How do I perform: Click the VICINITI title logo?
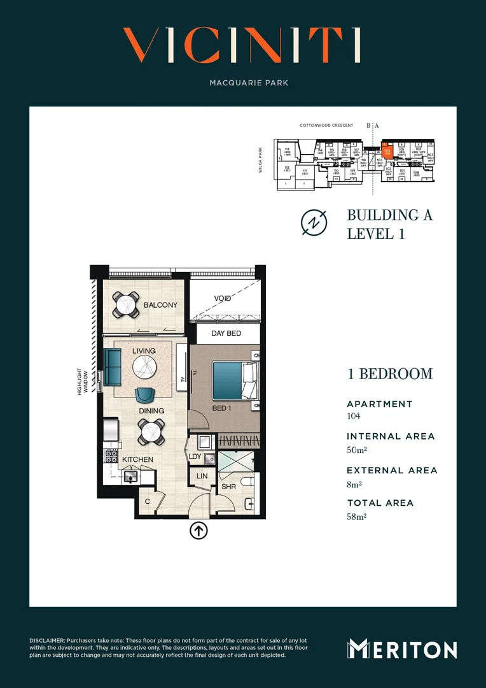tap(242, 46)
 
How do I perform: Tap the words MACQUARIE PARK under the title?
tap(243, 83)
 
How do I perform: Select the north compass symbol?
tap(314, 222)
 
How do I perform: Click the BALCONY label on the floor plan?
tap(160, 305)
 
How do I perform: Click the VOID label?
tap(223, 298)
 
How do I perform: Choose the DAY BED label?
tap(226, 333)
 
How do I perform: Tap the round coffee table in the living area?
tap(146, 366)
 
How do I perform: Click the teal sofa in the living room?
tap(113, 366)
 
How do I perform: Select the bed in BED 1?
tap(232, 380)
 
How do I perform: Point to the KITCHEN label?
tap(137, 459)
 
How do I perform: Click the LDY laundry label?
tap(195, 456)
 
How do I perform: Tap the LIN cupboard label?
tap(202, 476)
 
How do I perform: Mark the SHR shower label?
tap(229, 487)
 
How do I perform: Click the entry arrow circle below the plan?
tap(199, 530)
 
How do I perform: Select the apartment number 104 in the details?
tap(354, 416)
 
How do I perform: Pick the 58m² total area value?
tap(357, 516)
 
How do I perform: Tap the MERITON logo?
tap(402, 649)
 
